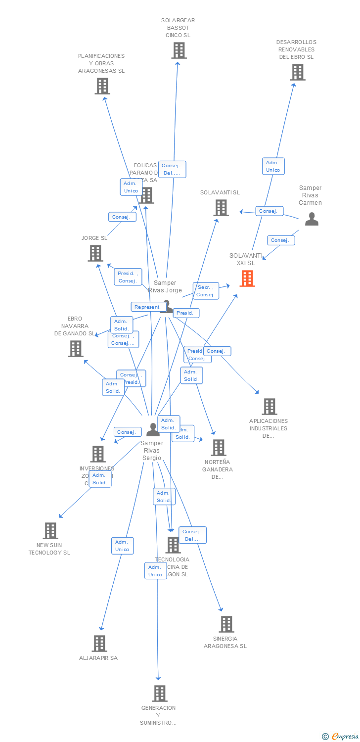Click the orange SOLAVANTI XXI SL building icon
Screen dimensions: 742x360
(x=247, y=278)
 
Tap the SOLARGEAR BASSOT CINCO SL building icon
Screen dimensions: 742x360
(x=179, y=50)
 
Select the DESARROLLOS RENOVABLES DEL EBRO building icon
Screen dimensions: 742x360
(x=297, y=72)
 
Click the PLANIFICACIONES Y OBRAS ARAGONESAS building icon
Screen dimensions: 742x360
(x=102, y=86)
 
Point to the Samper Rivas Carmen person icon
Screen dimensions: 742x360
(x=312, y=219)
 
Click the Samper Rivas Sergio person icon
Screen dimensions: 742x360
(x=153, y=429)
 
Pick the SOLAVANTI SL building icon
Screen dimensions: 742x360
(x=221, y=208)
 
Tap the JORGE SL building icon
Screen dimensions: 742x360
(x=95, y=253)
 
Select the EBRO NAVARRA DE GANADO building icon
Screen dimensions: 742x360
(x=76, y=349)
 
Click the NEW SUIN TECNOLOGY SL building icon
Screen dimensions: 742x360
(x=50, y=531)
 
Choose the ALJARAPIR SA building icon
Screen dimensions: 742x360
(x=99, y=644)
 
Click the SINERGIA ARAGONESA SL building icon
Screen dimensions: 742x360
(x=226, y=624)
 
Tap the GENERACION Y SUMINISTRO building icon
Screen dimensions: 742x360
(x=159, y=694)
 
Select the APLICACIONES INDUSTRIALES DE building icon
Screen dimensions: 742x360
(x=269, y=407)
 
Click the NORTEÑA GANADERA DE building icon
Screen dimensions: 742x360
(x=218, y=448)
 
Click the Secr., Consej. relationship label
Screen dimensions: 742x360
(x=205, y=291)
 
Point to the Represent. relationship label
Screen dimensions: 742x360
(x=147, y=307)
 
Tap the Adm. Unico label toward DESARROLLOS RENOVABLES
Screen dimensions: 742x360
(x=273, y=166)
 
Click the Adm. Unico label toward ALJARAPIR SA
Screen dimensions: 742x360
(x=122, y=546)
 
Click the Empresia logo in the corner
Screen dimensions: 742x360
(x=341, y=737)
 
